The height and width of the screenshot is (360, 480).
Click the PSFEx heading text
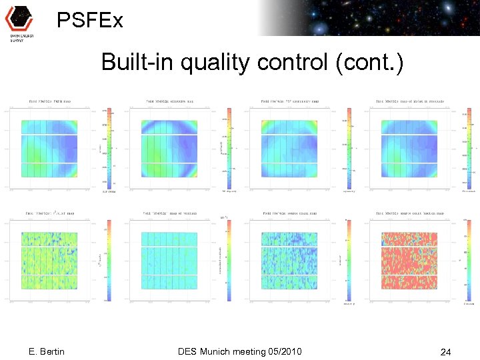[90, 21]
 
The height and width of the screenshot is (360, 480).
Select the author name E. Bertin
[47, 351]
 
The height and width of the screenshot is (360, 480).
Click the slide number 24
[445, 351]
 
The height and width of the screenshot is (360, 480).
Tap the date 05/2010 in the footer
[283, 351]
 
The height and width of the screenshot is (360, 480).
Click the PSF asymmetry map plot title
[288, 102]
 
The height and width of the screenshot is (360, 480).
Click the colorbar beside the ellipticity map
[227, 148]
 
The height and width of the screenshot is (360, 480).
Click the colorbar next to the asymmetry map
[347, 148]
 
